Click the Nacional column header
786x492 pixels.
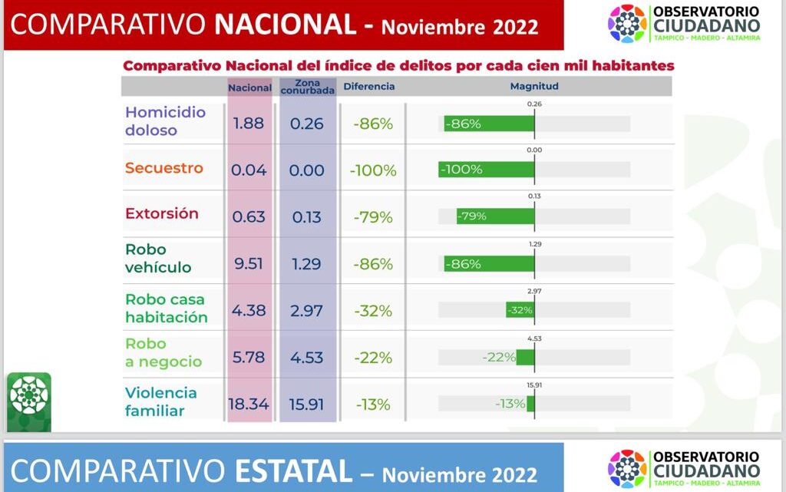pyautogui.click(x=249, y=88)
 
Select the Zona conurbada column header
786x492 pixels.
pyautogui.click(x=307, y=87)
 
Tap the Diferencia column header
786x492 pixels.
pyautogui.click(x=369, y=87)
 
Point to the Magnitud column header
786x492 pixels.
pyautogui.click(x=534, y=87)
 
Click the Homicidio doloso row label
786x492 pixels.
pyautogui.click(x=165, y=121)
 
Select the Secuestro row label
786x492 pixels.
pyautogui.click(x=164, y=168)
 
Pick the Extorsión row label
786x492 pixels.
pyautogui.click(x=162, y=213)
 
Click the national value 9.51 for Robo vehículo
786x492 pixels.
pyautogui.click(x=249, y=264)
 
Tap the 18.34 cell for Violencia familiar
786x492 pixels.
pyautogui.click(x=249, y=404)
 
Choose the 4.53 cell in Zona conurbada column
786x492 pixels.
pyautogui.click(x=307, y=358)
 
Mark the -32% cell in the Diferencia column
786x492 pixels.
pyautogui.click(x=373, y=311)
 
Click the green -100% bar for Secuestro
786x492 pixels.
pyautogui.click(x=487, y=170)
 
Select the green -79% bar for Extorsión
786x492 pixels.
pyautogui.click(x=495, y=216)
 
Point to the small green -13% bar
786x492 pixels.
pyautogui.click(x=530, y=404)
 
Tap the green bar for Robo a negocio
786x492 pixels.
pyautogui.click(x=525, y=358)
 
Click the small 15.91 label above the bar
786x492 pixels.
pyautogui.click(x=534, y=385)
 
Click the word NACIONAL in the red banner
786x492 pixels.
pyautogui.click(x=286, y=26)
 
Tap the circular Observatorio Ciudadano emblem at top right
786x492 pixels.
pyautogui.click(x=627, y=23)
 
